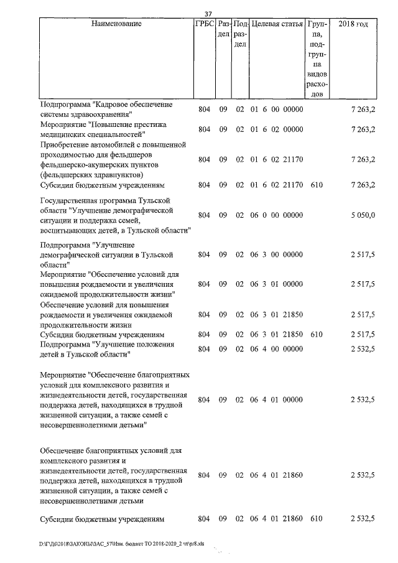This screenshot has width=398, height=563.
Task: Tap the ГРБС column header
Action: tap(205, 24)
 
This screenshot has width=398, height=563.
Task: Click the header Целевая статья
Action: tap(277, 24)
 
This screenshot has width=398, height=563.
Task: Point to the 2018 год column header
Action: tap(353, 24)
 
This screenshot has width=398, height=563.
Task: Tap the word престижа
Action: tap(149, 124)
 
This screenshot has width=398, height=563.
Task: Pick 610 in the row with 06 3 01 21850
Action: tap(317, 335)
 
